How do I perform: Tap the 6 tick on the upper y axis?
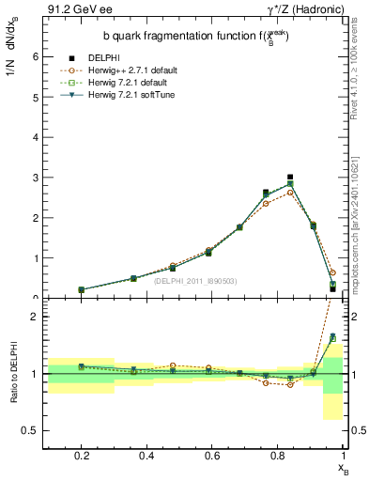click(x=35, y=56)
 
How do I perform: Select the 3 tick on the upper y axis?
click(x=35, y=178)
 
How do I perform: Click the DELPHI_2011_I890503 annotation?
click(x=195, y=280)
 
